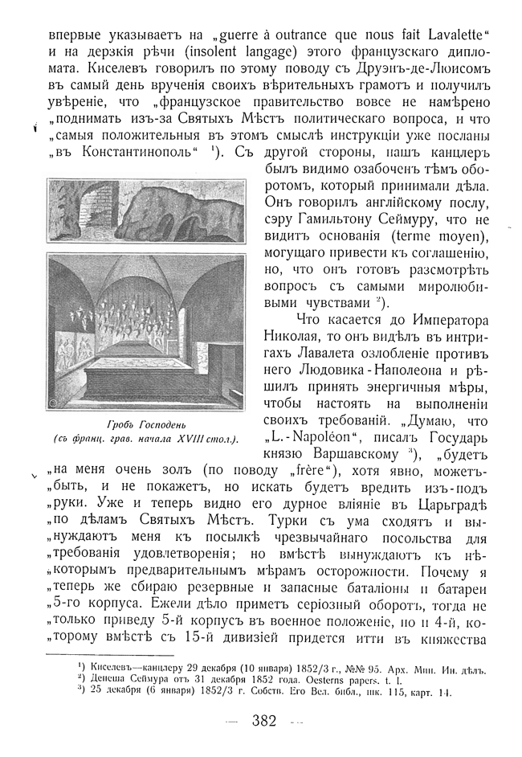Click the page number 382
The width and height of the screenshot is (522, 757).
point(264,720)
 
